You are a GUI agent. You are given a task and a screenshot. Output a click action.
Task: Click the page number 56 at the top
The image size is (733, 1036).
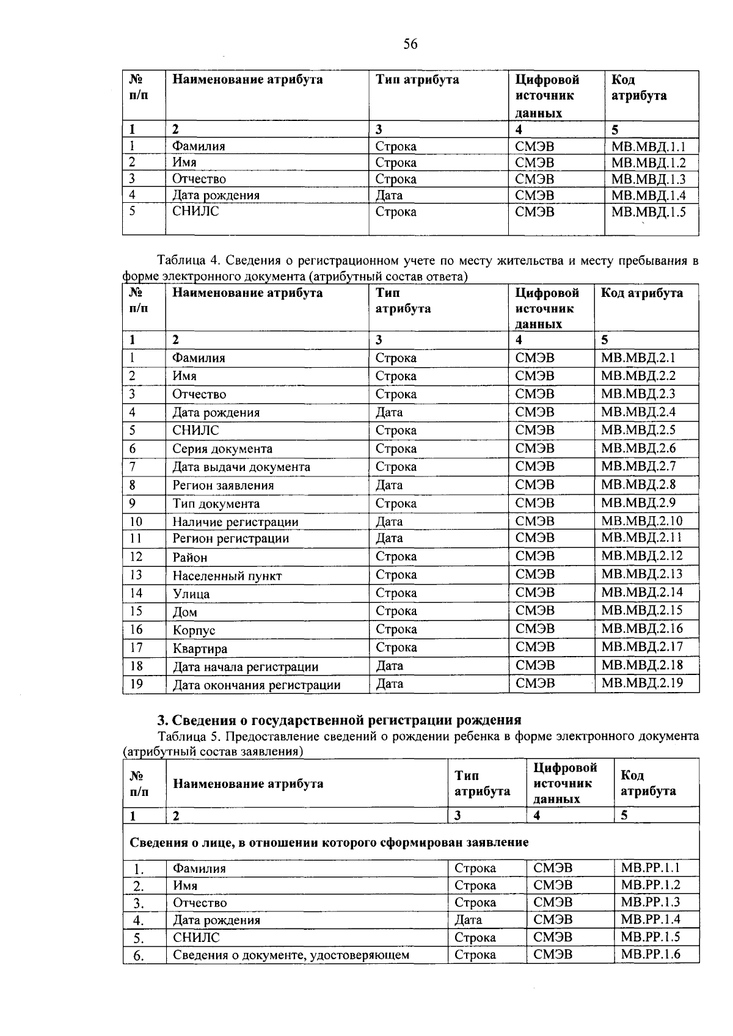pyautogui.click(x=410, y=44)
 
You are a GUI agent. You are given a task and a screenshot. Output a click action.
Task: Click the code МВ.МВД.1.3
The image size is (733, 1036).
pyautogui.click(x=648, y=179)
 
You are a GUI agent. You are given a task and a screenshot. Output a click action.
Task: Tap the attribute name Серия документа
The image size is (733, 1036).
pyautogui.click(x=222, y=449)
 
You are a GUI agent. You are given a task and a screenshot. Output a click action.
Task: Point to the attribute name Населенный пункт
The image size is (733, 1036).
pyautogui.click(x=227, y=575)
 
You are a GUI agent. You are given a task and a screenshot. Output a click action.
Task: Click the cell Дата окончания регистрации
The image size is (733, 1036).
pyautogui.click(x=256, y=685)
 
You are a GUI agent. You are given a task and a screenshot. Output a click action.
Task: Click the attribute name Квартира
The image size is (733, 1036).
pyautogui.click(x=200, y=649)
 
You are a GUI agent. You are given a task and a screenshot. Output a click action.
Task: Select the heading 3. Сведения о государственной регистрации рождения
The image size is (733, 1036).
pyautogui.click(x=340, y=720)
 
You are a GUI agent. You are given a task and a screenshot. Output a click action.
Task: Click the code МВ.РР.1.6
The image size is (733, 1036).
pyautogui.click(x=650, y=954)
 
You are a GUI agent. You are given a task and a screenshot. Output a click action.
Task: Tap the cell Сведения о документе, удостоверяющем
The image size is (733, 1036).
pyautogui.click(x=291, y=955)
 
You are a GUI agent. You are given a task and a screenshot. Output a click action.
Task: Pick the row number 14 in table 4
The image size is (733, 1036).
pyautogui.click(x=136, y=593)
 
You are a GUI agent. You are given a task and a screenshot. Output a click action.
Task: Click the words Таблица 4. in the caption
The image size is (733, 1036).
pyautogui.click(x=186, y=261)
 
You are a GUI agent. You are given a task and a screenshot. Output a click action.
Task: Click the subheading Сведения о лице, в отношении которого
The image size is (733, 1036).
pyautogui.click(x=329, y=842)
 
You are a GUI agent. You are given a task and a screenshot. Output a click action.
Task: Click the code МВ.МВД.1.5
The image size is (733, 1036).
pyautogui.click(x=648, y=212)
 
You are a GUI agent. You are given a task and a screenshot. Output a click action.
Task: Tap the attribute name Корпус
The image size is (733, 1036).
pyautogui.click(x=194, y=630)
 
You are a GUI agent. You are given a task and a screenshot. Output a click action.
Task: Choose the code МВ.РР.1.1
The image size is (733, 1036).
pyautogui.click(x=650, y=867)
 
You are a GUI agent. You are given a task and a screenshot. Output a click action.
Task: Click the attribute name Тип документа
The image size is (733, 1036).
pyautogui.click(x=216, y=504)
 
